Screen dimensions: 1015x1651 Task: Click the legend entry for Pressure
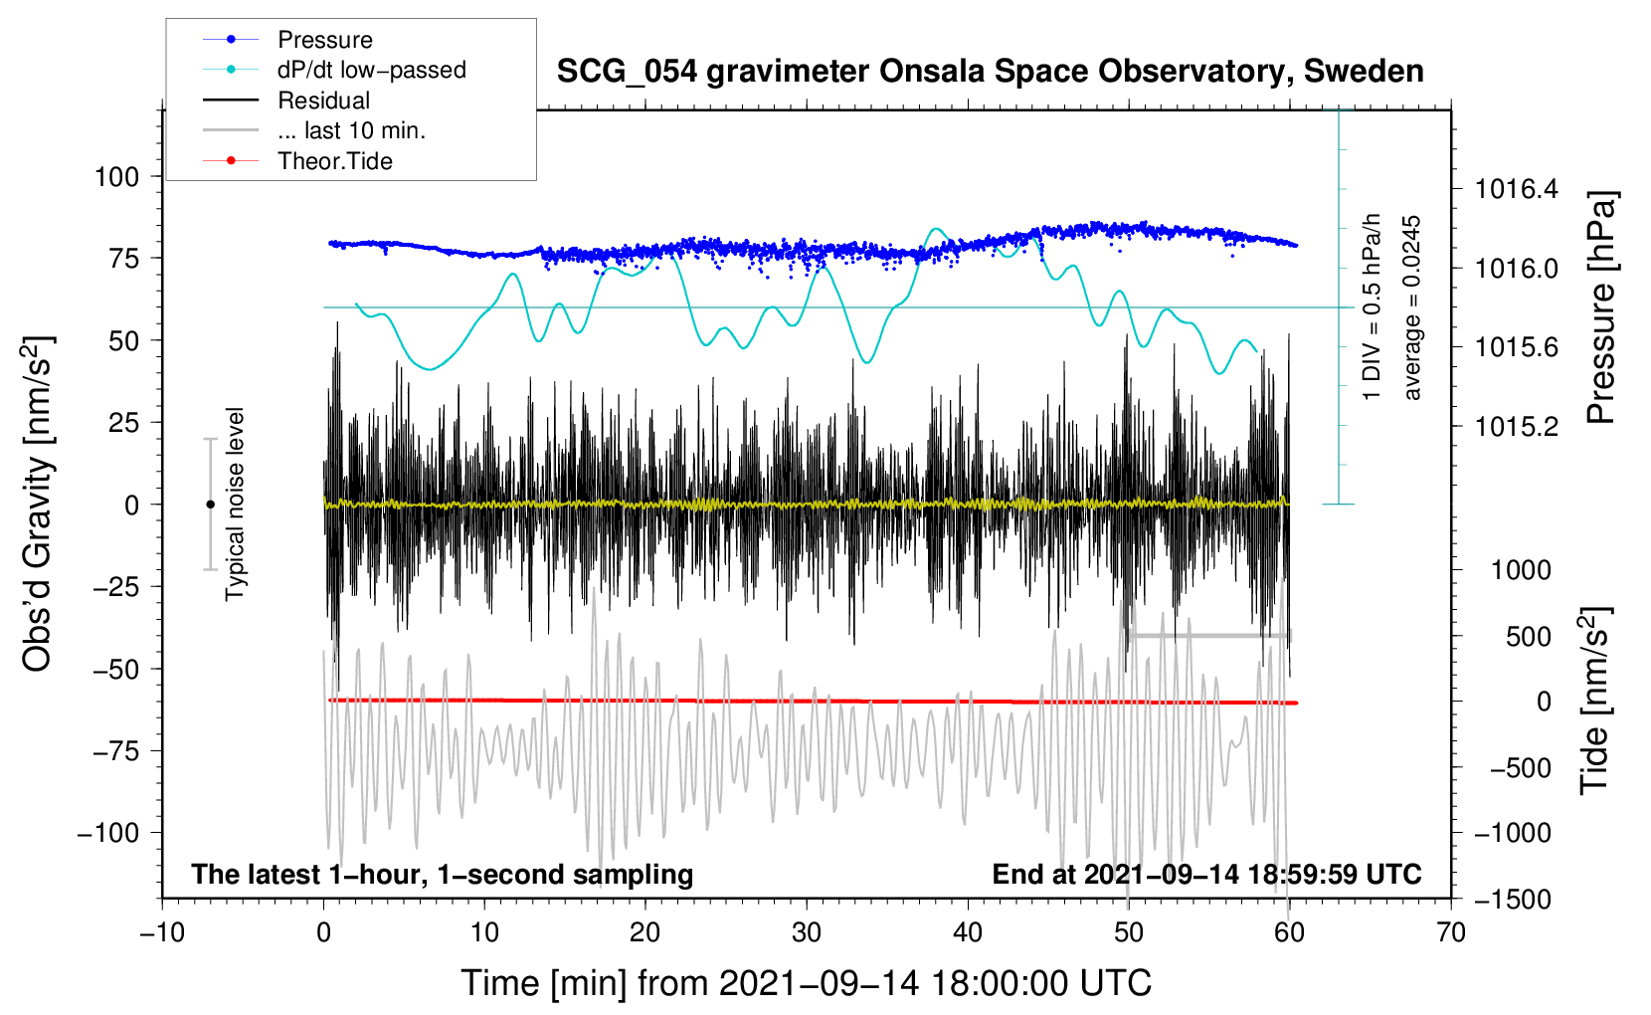[324, 40]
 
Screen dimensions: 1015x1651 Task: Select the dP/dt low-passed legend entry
[371, 70]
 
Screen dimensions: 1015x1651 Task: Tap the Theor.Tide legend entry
[334, 161]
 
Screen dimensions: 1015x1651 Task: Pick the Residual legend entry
[323, 101]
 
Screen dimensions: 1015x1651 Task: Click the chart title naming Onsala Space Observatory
[990, 72]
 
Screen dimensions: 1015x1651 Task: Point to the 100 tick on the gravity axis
[116, 177]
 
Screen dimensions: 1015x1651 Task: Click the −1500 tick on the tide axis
[1513, 899]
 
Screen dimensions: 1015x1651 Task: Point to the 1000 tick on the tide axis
[1520, 570]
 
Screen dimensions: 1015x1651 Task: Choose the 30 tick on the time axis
[807, 932]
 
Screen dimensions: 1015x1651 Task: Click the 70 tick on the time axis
[1451, 932]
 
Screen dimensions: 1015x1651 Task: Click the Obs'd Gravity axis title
[38, 504]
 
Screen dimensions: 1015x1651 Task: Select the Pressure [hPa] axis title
[1600, 308]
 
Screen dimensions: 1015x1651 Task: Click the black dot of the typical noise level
[210, 505]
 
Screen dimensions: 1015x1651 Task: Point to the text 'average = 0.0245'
[1412, 308]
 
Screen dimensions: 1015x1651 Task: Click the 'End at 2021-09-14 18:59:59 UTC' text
[1206, 874]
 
